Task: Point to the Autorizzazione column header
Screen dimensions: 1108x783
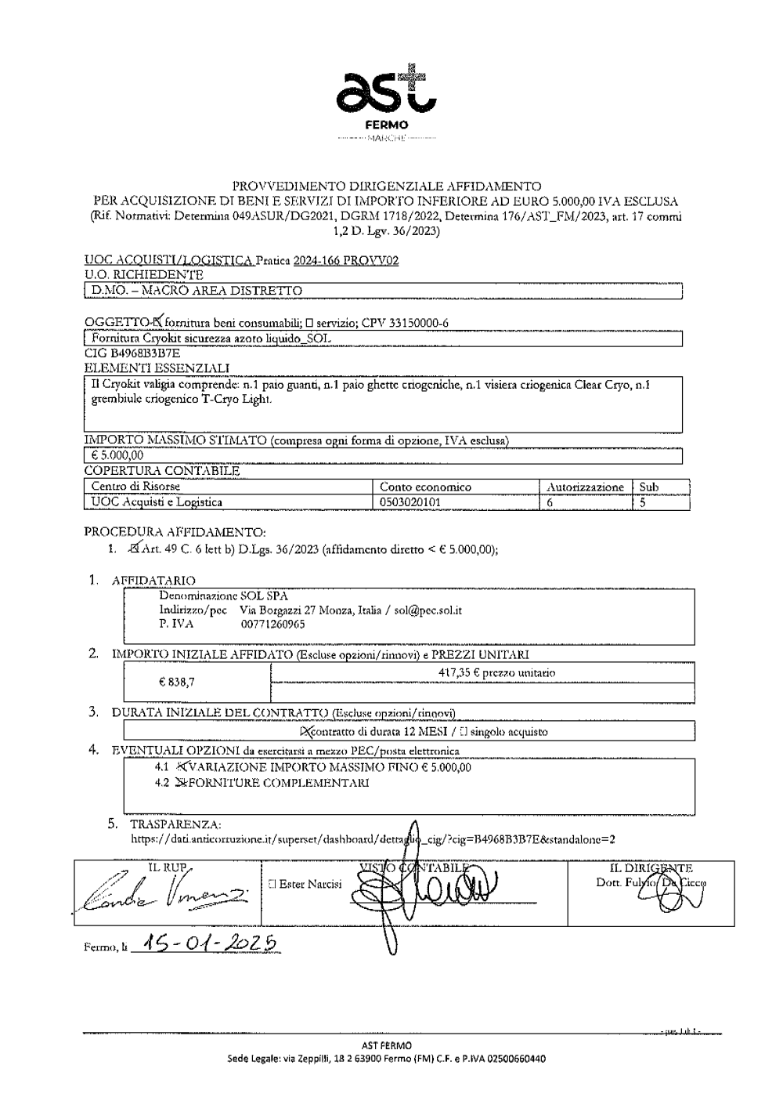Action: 585,487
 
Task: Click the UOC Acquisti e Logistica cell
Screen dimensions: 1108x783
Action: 157,501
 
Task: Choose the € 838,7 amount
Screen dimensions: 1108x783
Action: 177,682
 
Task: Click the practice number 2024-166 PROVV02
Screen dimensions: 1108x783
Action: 345,261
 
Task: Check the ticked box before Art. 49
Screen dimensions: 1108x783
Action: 139,549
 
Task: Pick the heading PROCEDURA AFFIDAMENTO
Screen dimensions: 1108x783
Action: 175,532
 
